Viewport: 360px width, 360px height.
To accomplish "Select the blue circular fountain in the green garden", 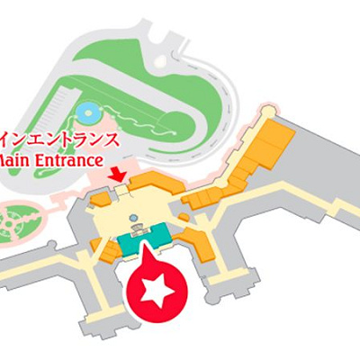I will pyautogui.click(x=88, y=113).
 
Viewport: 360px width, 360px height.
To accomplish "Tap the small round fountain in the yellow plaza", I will pyautogui.click(x=134, y=218).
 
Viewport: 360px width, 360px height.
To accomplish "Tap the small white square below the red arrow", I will pyautogui.click(x=117, y=191).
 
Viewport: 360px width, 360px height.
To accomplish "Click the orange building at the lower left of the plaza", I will pyautogui.click(x=106, y=253).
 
